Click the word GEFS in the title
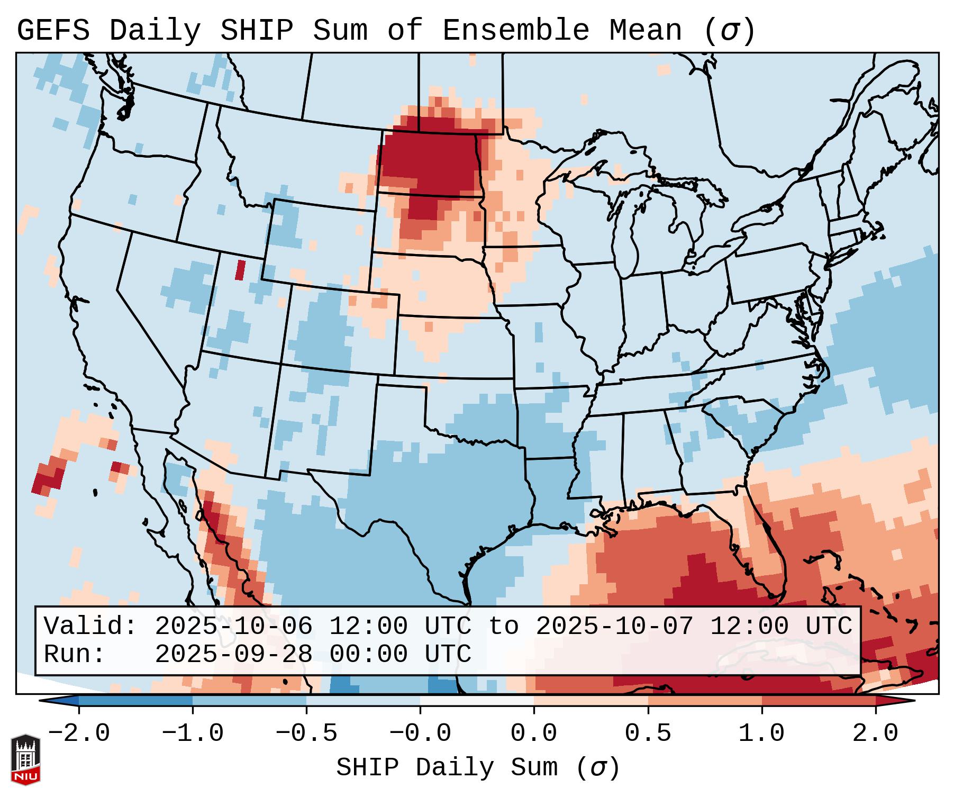click(53, 30)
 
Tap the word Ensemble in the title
click(515, 30)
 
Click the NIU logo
click(25, 759)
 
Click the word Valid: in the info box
click(90, 627)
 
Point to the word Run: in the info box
click(75, 655)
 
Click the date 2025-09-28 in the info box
click(234, 655)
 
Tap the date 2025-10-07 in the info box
click(615, 627)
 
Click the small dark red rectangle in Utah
click(241, 270)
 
